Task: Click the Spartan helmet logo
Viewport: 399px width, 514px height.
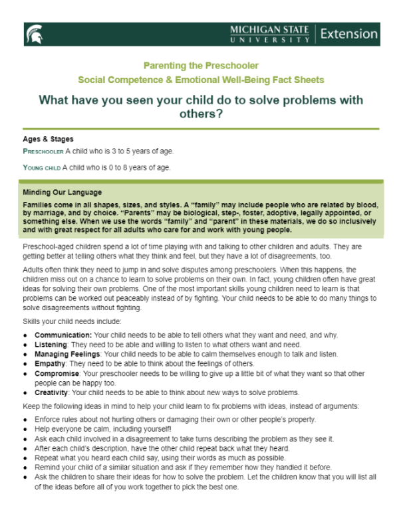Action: coord(33,33)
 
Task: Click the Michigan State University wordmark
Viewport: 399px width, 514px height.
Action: coord(269,33)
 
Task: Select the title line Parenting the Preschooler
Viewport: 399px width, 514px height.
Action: coord(201,66)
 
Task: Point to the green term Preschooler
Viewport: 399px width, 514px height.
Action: coord(43,151)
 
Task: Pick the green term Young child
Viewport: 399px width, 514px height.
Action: coord(42,167)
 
